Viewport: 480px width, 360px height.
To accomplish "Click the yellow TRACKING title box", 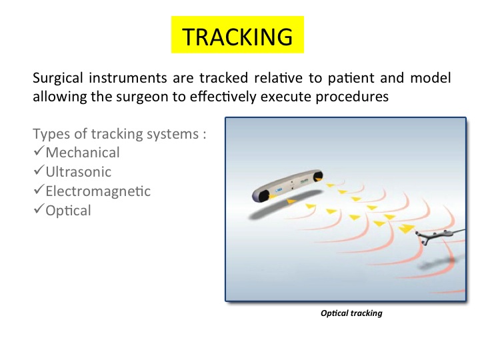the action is point(237,35).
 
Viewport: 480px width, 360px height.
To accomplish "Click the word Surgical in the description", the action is point(58,79).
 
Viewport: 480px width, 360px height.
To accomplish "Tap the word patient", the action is point(351,79).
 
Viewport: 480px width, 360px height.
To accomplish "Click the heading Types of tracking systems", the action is point(119,135).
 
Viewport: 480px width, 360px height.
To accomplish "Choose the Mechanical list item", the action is point(83,153).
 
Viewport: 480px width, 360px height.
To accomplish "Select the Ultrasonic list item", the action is point(79,172).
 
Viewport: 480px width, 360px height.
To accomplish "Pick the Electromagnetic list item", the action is point(98,191).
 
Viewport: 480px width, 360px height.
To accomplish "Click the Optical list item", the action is point(68,211).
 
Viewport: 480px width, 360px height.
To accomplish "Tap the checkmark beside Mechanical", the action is point(39,151).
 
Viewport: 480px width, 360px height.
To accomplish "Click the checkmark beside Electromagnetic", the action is point(39,189).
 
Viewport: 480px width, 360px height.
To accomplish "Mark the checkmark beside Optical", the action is point(39,209).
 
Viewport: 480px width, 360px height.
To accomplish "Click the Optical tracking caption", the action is point(351,313).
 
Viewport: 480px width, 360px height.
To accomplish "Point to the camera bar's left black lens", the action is point(262,195).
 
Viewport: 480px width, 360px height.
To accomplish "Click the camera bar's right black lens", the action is point(317,175).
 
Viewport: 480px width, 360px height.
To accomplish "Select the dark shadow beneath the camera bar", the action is point(285,205).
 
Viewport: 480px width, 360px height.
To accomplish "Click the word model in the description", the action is point(431,79).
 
